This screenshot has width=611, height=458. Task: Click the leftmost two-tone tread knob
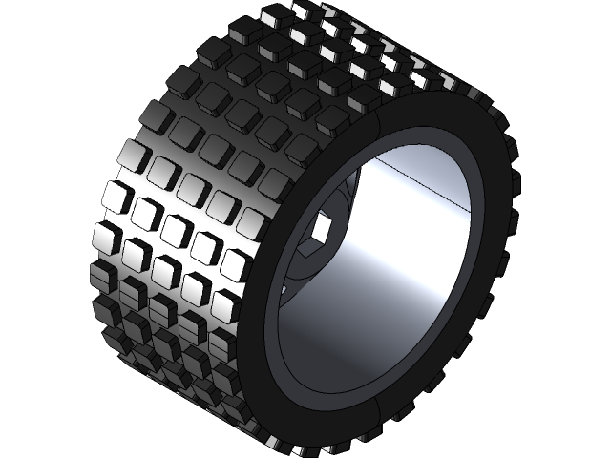click(102, 277)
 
